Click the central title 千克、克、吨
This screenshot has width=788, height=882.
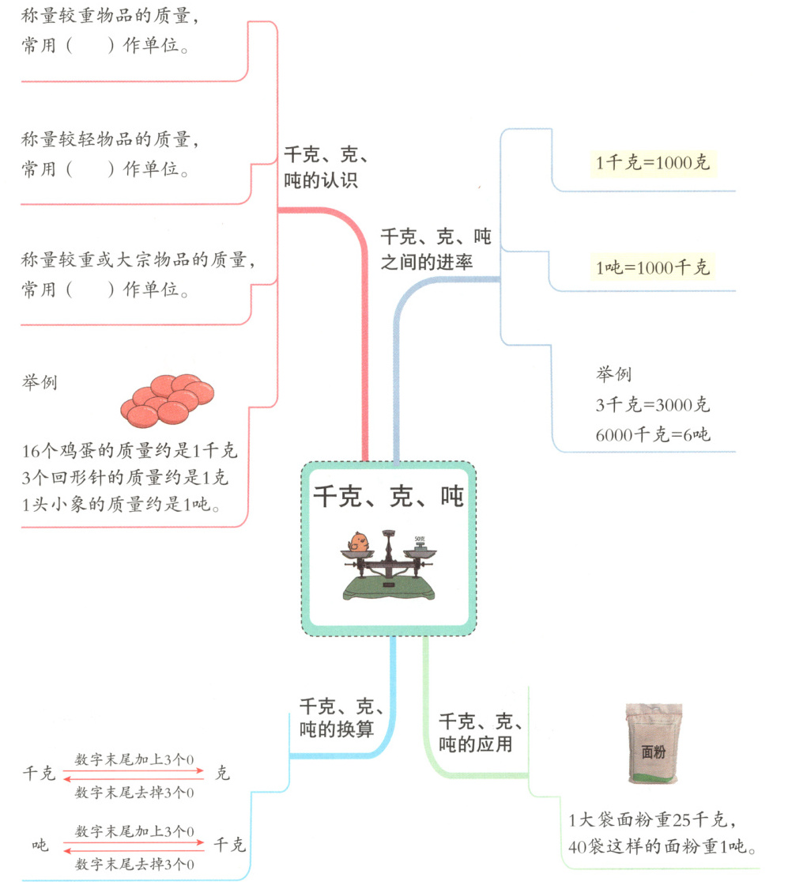388,497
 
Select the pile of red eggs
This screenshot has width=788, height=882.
168,399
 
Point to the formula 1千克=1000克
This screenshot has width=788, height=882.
653,163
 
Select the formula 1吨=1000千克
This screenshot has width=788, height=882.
653,267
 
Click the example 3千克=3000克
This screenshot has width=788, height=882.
653,405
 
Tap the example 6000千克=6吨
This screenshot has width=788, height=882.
653,434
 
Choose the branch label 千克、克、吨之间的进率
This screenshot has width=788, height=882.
435,249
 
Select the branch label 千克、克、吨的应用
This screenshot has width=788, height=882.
480,732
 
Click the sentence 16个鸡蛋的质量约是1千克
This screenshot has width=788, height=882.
130,452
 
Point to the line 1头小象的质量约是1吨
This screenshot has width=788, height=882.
122,504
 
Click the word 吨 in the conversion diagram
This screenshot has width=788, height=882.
40,846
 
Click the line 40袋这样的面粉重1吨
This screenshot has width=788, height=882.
663,847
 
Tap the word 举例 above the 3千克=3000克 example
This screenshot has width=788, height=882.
613,374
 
